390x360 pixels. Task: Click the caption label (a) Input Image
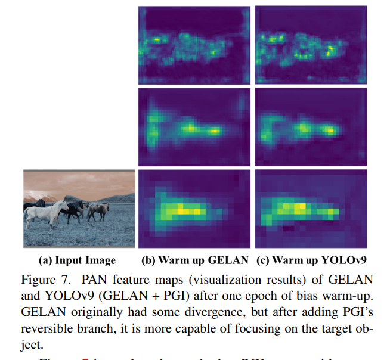(x=77, y=260)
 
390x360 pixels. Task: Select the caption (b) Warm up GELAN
(x=194, y=260)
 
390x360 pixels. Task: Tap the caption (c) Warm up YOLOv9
(x=310, y=260)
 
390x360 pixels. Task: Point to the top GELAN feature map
(x=194, y=45)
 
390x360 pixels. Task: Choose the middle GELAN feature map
(x=194, y=127)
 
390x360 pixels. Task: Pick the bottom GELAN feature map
(x=194, y=209)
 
